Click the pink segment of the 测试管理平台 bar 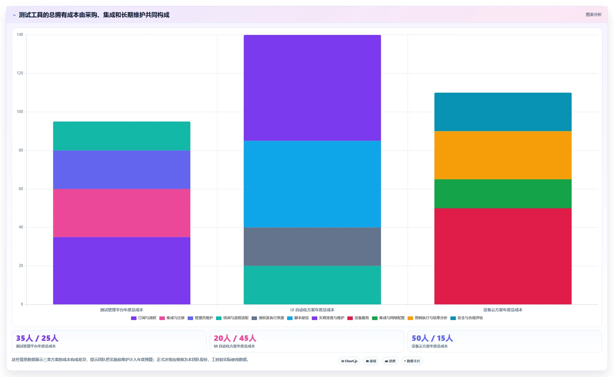point(122,213)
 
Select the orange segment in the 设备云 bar point(503,155)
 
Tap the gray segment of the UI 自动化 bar point(312,247)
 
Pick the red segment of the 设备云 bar point(503,256)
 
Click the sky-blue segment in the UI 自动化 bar point(312,184)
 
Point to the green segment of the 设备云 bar point(503,194)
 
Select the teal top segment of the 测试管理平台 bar point(122,136)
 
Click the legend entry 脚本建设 point(298,318)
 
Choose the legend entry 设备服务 point(358,318)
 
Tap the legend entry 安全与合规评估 point(467,318)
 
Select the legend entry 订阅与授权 point(144,318)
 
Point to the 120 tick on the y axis point(20,73)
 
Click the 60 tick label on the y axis point(21,189)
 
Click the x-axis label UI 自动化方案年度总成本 point(312,310)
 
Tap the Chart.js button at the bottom point(349,361)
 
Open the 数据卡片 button point(412,361)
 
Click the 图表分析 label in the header point(594,14)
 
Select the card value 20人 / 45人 point(235,338)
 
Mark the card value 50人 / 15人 point(432,338)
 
